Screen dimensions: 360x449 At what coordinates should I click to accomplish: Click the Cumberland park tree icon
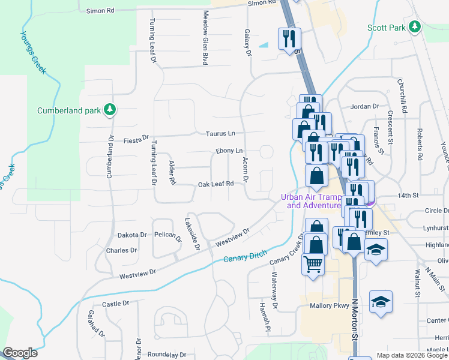(x=109, y=109)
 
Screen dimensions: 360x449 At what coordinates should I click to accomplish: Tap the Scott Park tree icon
(x=414, y=26)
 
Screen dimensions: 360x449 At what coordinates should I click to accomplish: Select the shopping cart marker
(x=313, y=263)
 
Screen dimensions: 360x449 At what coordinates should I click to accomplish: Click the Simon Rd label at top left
(x=100, y=11)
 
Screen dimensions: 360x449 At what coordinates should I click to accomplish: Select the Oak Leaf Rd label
(x=215, y=184)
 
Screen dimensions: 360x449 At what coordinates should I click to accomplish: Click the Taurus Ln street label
(x=220, y=133)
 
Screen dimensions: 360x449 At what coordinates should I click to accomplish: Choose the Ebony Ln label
(x=229, y=151)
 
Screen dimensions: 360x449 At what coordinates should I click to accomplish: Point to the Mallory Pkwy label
(x=329, y=305)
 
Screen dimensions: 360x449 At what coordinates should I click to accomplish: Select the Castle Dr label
(x=116, y=304)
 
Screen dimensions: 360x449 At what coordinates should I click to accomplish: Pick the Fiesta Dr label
(x=135, y=140)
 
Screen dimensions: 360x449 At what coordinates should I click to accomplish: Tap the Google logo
(x=20, y=353)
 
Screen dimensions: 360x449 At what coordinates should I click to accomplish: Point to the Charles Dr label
(x=121, y=250)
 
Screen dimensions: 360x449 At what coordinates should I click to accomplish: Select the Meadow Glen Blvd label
(x=205, y=37)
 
